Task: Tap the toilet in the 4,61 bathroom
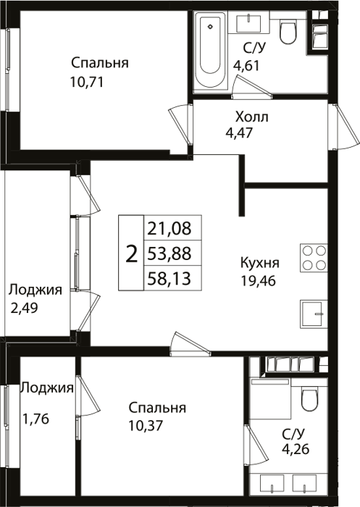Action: pos(288,31)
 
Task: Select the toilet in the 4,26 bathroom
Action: pos(310,399)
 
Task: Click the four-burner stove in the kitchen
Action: pos(314,258)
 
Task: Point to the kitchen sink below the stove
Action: pos(314,314)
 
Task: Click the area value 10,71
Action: pos(87,82)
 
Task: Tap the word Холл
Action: pos(251,117)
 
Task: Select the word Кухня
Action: pos(260,262)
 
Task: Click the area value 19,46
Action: pos(258,281)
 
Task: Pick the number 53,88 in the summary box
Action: pos(169,253)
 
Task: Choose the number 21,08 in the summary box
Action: pos(169,228)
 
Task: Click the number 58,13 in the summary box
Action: pos(169,278)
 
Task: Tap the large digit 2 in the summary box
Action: pos(131,253)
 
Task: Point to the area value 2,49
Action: pos(24,308)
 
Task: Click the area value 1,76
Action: pos(35,419)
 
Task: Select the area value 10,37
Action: pos(146,426)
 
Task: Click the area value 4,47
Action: pos(239,133)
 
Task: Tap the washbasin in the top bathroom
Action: pos(248,22)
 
